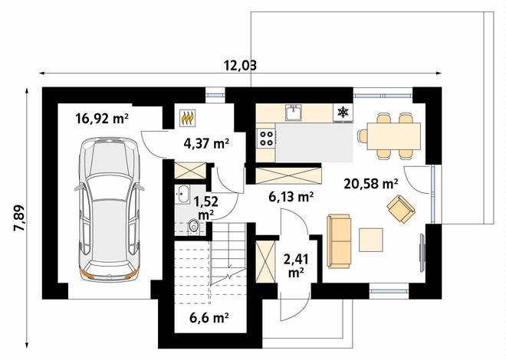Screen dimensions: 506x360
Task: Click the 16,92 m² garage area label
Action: pyautogui.click(x=102, y=118)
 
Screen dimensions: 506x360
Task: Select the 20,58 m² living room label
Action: pyautogui.click(x=371, y=184)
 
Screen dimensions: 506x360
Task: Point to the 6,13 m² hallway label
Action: pyautogui.click(x=291, y=196)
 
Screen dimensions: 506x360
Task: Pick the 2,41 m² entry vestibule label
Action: pyautogui.click(x=296, y=265)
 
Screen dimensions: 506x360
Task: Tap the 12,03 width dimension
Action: pyautogui.click(x=241, y=65)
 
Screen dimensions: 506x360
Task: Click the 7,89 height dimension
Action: pyautogui.click(x=18, y=218)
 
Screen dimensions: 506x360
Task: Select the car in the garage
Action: pyautogui.click(x=110, y=209)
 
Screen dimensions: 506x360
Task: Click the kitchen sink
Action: pyautogui.click(x=294, y=113)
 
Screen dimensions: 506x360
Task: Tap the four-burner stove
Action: pyautogui.click(x=266, y=139)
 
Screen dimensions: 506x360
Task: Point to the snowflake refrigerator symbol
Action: pyautogui.click(x=343, y=112)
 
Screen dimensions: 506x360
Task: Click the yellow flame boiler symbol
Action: pyautogui.click(x=188, y=117)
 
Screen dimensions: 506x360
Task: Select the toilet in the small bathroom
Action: pyautogui.click(x=193, y=226)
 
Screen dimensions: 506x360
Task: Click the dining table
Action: pyautogui.click(x=394, y=136)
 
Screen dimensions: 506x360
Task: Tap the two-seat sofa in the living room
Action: pyautogui.click(x=339, y=241)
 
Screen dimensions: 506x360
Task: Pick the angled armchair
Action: pyautogui.click(x=401, y=208)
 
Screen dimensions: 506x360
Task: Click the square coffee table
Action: pyautogui.click(x=371, y=240)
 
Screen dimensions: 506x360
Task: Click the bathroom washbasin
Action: pyautogui.click(x=183, y=195)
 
